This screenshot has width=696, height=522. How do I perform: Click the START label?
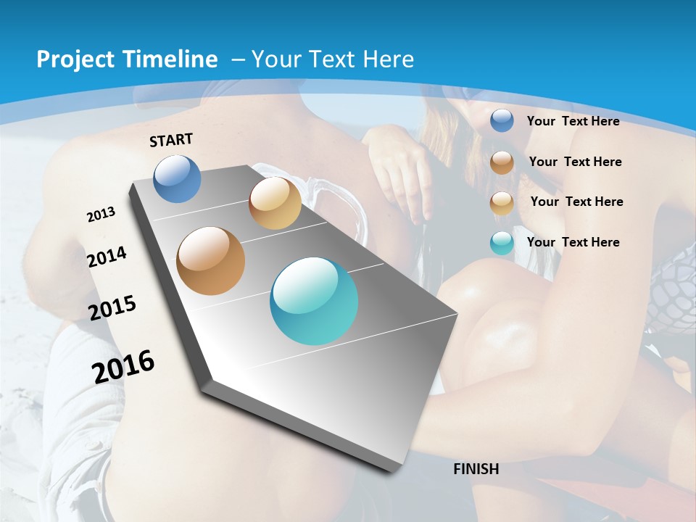(171, 140)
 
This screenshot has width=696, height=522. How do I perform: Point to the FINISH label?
(476, 469)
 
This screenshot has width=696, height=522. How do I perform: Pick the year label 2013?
(101, 215)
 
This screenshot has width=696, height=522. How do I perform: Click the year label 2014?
(107, 257)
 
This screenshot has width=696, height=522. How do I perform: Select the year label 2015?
(112, 308)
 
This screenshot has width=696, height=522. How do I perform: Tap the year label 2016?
(123, 367)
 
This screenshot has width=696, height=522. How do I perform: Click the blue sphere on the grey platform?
(178, 178)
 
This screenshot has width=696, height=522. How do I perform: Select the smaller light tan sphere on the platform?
(275, 203)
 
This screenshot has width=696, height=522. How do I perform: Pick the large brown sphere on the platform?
(211, 261)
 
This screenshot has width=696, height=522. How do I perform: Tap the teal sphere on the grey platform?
(314, 301)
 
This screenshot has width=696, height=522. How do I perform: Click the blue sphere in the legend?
(502, 120)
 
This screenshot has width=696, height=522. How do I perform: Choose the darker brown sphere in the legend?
(502, 162)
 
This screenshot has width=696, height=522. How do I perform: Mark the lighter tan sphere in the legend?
(502, 203)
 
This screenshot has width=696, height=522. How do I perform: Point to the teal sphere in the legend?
(502, 243)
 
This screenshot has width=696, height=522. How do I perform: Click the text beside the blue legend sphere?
(573, 121)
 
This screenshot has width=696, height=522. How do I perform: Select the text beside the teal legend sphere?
(573, 242)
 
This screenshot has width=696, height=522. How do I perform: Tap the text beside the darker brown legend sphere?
(575, 162)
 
